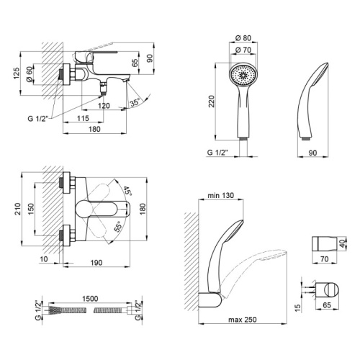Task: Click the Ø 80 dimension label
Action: [243, 38]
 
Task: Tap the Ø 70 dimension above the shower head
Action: [243, 50]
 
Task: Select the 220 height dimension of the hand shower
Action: [211, 102]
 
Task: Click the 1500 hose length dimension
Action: [90, 299]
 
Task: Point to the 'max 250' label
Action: [243, 320]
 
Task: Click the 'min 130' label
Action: [220, 195]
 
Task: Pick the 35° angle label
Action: [135, 102]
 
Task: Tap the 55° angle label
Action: [118, 226]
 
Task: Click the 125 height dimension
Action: [16, 73]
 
